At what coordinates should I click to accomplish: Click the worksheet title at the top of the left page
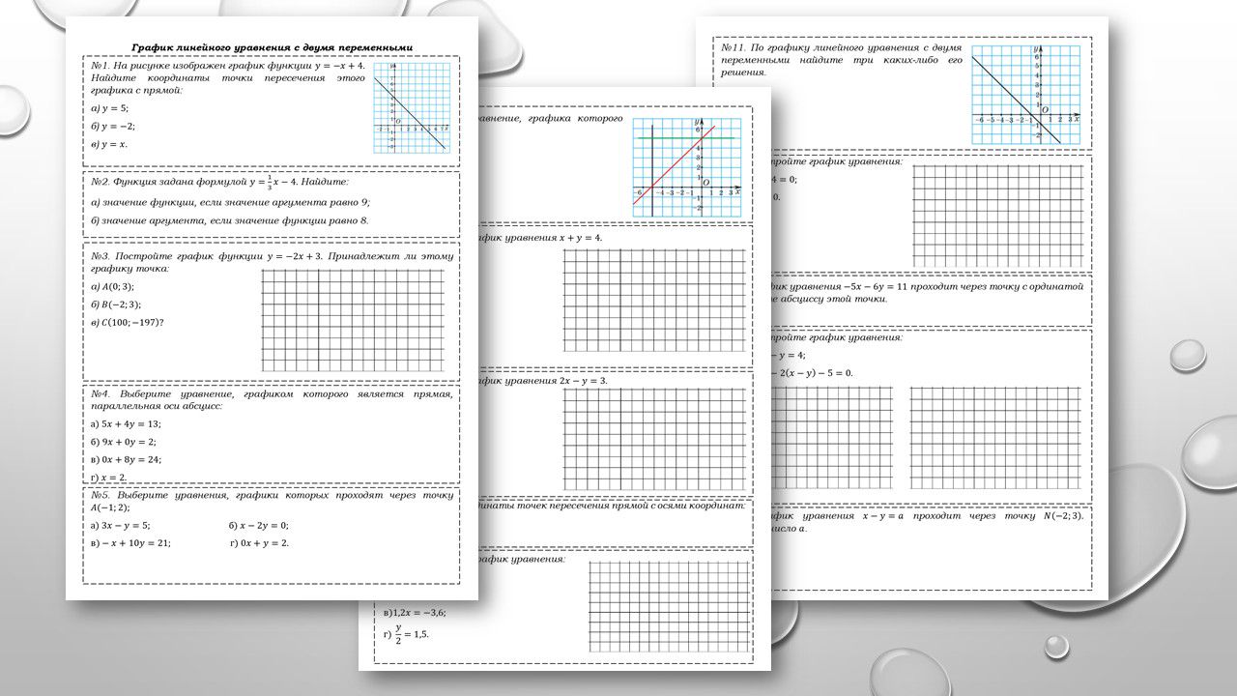pyautogui.click(x=272, y=46)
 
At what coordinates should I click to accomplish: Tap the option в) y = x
pyautogui.click(x=109, y=144)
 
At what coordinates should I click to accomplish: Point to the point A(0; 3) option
pyautogui.click(x=112, y=286)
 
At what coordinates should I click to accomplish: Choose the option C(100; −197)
pyautogui.click(x=127, y=322)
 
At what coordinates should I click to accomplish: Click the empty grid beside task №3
pyautogui.click(x=354, y=320)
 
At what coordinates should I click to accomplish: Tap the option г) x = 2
pyautogui.click(x=108, y=478)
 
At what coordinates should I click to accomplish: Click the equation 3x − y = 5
pyautogui.click(x=120, y=525)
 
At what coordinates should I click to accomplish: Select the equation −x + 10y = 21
pyautogui.click(x=129, y=543)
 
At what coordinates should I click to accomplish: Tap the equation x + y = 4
pyautogui.click(x=581, y=238)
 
